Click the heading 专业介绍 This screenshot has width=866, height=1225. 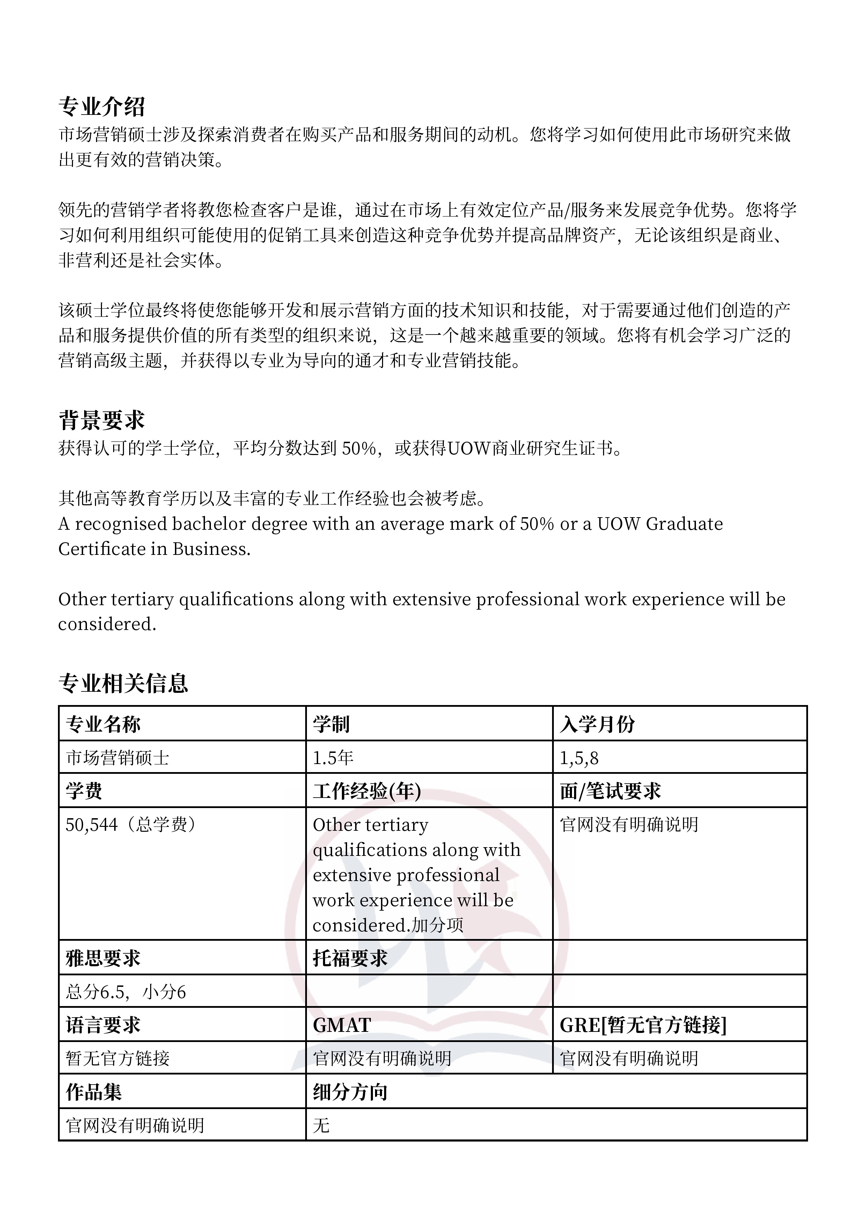pyautogui.click(x=101, y=107)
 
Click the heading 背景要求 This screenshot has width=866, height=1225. pyautogui.click(x=101, y=420)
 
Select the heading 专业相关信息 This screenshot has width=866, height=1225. pyautogui.click(x=123, y=683)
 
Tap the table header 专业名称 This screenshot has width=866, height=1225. pyautogui.click(x=103, y=724)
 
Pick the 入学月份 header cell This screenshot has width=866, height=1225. pyautogui.click(x=597, y=724)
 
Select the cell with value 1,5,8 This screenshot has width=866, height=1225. pyautogui.click(x=579, y=758)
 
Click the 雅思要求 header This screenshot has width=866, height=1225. pyautogui.click(x=103, y=958)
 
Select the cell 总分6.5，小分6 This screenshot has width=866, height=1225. pyautogui.click(x=126, y=992)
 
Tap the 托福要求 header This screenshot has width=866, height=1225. pyautogui.click(x=350, y=958)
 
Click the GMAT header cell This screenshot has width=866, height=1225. pyautogui.click(x=342, y=1025)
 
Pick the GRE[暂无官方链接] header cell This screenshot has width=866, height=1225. pyautogui.click(x=643, y=1025)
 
